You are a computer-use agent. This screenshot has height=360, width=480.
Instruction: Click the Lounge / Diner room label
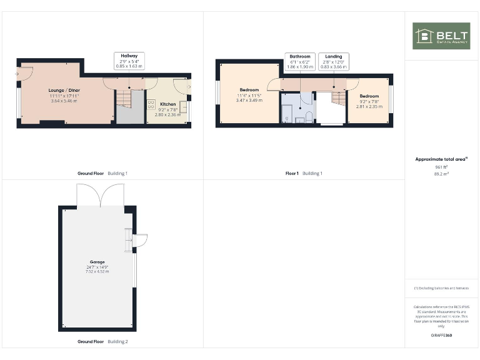(x=64, y=90)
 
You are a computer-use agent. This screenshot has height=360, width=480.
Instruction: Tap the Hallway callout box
(x=129, y=60)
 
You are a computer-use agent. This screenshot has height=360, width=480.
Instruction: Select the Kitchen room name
(x=167, y=104)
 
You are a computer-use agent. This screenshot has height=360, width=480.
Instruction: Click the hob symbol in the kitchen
(x=151, y=104)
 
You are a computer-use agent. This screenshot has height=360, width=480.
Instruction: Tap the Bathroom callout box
(x=299, y=61)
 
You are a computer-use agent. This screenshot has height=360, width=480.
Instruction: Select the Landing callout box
(x=333, y=61)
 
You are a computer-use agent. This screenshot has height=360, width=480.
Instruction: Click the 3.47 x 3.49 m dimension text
(x=249, y=100)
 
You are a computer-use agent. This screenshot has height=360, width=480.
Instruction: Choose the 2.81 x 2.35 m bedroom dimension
(x=369, y=106)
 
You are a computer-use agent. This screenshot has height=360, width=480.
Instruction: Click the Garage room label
(x=97, y=262)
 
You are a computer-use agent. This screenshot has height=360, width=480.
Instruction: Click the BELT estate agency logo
(x=441, y=36)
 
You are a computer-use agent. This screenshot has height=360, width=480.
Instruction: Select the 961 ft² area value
(x=441, y=167)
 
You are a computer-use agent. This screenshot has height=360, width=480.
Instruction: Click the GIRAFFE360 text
(x=441, y=336)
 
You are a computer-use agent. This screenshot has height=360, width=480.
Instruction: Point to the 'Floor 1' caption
(x=292, y=173)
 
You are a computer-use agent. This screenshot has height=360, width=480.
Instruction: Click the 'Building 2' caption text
(x=117, y=342)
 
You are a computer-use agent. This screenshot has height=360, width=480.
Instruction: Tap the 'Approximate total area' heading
(x=441, y=159)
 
